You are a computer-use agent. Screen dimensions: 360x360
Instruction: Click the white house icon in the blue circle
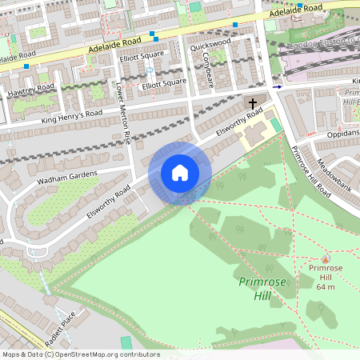[x=179, y=173]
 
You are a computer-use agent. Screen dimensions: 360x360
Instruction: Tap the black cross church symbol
[x=253, y=104]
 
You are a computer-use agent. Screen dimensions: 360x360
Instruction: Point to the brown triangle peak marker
[x=325, y=258]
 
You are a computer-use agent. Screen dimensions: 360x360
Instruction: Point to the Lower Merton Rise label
[x=124, y=113]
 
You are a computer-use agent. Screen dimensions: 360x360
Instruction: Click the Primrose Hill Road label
[x=310, y=172]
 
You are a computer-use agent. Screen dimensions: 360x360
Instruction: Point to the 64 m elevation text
[x=325, y=286]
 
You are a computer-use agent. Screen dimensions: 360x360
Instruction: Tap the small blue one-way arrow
[x=277, y=86]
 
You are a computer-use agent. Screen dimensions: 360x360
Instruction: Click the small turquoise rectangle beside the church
[x=277, y=126]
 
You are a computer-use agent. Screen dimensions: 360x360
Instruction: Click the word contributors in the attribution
[x=138, y=354]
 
